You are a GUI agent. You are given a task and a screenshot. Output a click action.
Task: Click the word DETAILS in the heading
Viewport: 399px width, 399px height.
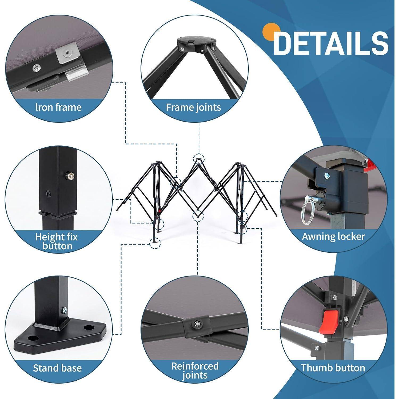331,43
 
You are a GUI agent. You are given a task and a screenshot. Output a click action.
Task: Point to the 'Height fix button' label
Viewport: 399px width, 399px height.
57,241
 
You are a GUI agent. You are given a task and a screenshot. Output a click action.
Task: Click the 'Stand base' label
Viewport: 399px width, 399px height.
57,368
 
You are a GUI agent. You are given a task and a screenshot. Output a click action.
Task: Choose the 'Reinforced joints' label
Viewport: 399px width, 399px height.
195,371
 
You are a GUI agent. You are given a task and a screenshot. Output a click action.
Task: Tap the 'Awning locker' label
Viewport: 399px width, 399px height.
334,236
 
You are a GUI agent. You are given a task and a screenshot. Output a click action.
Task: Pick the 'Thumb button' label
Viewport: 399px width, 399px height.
333,368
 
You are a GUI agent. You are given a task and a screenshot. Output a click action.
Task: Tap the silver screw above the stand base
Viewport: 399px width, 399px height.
64,309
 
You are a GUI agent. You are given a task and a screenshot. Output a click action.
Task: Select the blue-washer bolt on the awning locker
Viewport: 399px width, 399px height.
326,175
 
